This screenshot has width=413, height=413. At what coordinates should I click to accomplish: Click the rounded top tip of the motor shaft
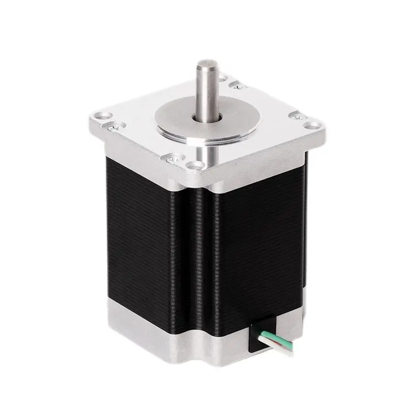[206, 66]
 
